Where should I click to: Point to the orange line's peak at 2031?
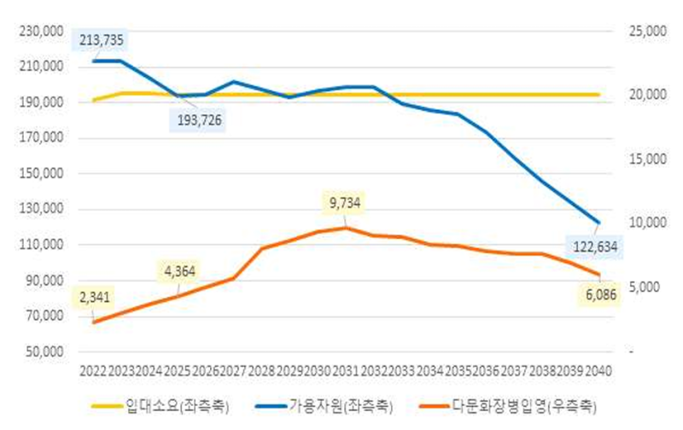tap(346, 228)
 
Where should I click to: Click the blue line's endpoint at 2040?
tap(598, 223)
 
